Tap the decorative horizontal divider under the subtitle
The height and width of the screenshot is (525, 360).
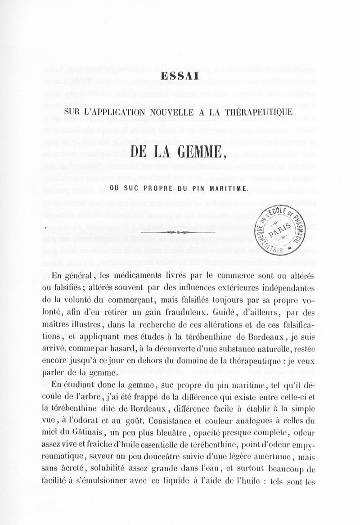pyautogui.click(x=180, y=232)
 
